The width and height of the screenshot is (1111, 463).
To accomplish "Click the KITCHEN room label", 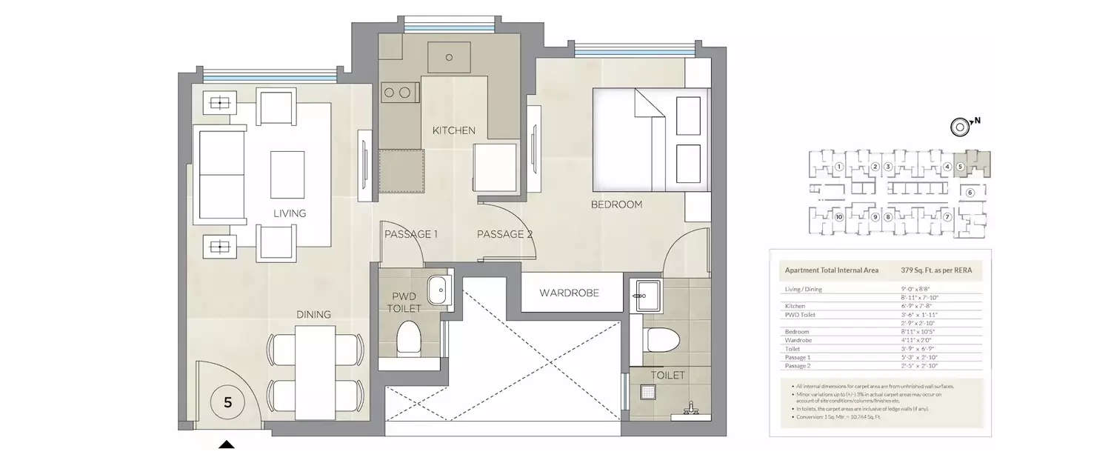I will point(453,130).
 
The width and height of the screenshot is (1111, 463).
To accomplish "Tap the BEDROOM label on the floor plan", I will point(615,204).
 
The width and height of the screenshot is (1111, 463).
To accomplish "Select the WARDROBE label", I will point(569,293).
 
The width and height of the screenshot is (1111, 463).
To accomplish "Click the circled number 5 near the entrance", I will point(227,403).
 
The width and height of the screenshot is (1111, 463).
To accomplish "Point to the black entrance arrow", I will point(227,444).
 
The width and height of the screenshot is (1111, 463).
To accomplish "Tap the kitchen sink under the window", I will point(450,56).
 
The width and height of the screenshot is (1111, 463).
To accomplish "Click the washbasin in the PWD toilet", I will point(438,287).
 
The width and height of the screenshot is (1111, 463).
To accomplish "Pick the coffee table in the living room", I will point(287,175).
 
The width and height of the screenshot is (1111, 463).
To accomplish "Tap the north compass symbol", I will point(960,127).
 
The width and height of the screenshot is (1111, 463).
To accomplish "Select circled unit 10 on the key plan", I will point(838,217).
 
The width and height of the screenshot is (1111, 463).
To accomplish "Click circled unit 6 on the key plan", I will point(970,193).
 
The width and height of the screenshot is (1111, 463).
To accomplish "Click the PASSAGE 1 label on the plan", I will point(411,234).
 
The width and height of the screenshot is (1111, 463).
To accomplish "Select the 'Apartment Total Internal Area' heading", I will point(831,270).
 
